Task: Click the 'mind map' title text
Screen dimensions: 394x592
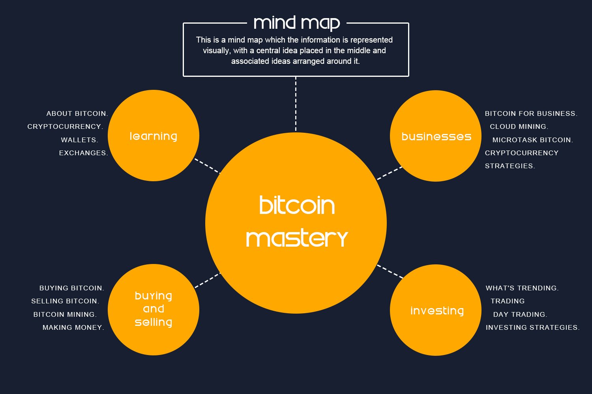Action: coord(296,23)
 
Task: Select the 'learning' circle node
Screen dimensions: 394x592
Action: coord(154,136)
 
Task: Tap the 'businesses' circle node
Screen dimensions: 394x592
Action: coord(436,136)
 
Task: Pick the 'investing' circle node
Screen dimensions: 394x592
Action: coord(436,310)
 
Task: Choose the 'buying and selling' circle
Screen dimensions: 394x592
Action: coord(154,309)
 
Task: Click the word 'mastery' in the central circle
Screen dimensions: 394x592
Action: coord(297,239)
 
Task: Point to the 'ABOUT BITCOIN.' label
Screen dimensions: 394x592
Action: coord(77,113)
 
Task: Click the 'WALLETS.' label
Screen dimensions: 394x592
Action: coord(79,140)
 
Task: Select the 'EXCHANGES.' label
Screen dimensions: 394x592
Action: coord(83,153)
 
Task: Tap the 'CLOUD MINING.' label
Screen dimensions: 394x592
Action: coord(519,126)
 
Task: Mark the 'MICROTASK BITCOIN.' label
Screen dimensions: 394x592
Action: coord(532,140)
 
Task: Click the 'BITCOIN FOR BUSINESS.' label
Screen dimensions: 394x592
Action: coord(531,113)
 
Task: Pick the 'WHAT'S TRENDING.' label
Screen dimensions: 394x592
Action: coord(522,288)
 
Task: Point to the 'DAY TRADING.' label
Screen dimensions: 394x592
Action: coord(520,314)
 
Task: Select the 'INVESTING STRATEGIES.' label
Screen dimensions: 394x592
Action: coord(532,327)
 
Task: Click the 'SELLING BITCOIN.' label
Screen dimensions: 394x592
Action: coord(65,301)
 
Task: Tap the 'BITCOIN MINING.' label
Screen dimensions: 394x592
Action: coord(65,314)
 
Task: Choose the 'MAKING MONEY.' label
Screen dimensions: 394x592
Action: coord(73,327)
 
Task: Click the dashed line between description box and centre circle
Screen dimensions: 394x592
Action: coord(296,104)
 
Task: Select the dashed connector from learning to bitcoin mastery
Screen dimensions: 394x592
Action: coord(207,166)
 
